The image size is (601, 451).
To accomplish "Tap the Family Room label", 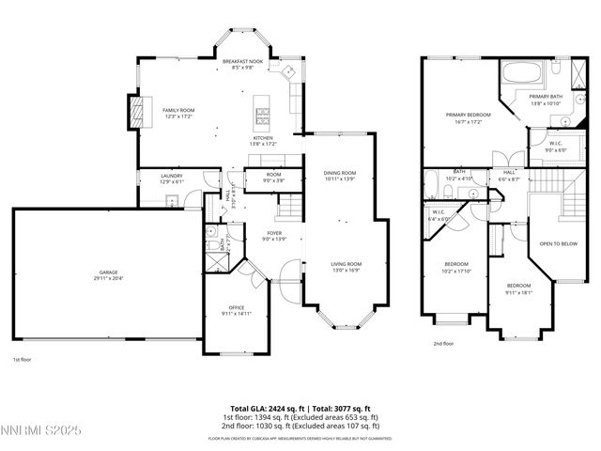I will tap(177, 111).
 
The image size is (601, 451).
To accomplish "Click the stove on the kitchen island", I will tap(261, 117).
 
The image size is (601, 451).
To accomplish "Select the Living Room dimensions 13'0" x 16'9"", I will tap(346, 270).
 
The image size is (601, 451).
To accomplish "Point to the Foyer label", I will tap(274, 233).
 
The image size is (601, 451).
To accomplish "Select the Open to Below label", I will tap(557, 243).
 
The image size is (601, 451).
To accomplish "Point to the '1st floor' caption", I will tap(23, 359).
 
